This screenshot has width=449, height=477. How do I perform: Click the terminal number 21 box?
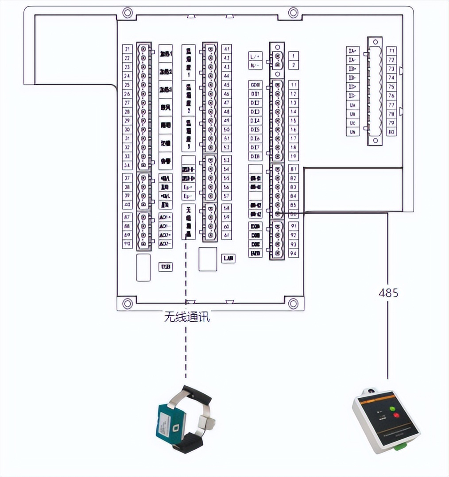[128, 49]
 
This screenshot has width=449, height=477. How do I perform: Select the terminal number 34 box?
[128, 165]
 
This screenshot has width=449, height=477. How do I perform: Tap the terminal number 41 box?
[227, 49]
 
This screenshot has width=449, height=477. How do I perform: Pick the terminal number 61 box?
[227, 235]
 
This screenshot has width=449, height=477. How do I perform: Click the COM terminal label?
[255, 85]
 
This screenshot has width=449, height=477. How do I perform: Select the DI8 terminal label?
[255, 157]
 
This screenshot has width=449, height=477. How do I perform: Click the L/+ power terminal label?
[255, 56]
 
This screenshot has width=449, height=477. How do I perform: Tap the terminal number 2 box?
[293, 65]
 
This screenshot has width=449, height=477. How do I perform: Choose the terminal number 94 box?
[293, 254]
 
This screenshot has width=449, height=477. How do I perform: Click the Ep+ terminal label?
[188, 187]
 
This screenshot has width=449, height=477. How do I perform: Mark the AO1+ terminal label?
[165, 217]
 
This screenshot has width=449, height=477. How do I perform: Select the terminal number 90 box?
[128, 244]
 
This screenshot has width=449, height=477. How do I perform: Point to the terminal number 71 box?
[391, 50]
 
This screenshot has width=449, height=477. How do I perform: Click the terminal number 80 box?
[391, 131]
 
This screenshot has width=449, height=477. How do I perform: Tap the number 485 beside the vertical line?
[388, 292]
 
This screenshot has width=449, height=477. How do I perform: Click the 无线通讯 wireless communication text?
[186, 317]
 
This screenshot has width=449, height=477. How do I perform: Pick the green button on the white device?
[391, 408]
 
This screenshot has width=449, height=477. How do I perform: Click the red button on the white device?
[396, 416]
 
